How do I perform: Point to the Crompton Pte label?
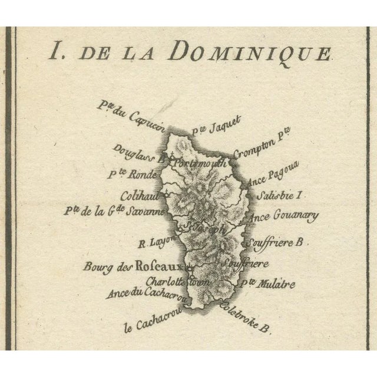(x=262, y=149)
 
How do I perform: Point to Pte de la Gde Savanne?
(x=126, y=213)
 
